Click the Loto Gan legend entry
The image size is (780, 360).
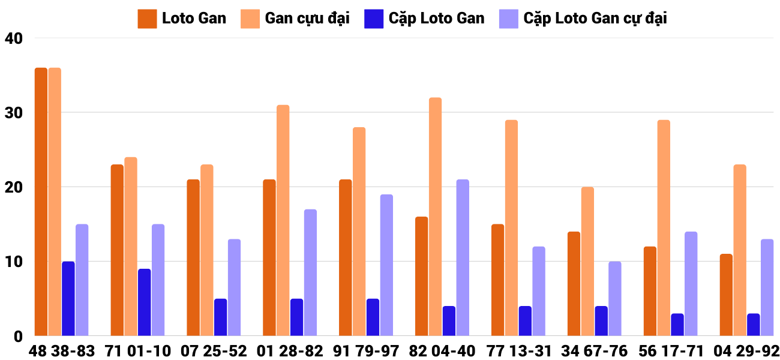pyautogui.click(x=182, y=19)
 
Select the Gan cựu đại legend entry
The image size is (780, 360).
pyautogui.click(x=295, y=19)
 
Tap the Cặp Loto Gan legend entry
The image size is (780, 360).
pyautogui.click(x=424, y=19)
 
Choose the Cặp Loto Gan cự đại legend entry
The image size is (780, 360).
pyautogui.click(x=583, y=19)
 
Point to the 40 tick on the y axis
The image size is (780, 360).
pyautogui.click(x=13, y=38)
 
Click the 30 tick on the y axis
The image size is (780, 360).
pyautogui.click(x=13, y=113)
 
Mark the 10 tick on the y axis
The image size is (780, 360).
pyautogui.click(x=13, y=262)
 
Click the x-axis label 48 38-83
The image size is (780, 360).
pyautogui.click(x=62, y=351)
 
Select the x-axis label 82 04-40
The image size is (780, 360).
pyautogui.click(x=442, y=351)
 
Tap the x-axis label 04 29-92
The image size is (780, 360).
pyautogui.click(x=746, y=351)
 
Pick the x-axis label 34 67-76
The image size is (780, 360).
pyautogui.click(x=594, y=351)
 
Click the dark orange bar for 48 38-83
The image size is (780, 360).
pyautogui.click(x=41, y=202)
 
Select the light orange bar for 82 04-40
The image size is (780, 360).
pyautogui.click(x=435, y=217)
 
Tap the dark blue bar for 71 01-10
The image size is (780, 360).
pyautogui.click(x=144, y=302)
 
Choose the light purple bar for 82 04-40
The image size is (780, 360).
pyautogui.click(x=463, y=257)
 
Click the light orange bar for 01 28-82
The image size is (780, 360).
pyautogui.click(x=283, y=220)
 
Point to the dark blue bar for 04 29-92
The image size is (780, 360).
pyautogui.click(x=753, y=325)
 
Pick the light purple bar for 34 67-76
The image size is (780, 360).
pyautogui.click(x=615, y=299)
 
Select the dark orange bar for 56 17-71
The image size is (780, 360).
pyautogui.click(x=650, y=291)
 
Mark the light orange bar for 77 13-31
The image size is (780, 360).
pyautogui.click(x=511, y=228)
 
